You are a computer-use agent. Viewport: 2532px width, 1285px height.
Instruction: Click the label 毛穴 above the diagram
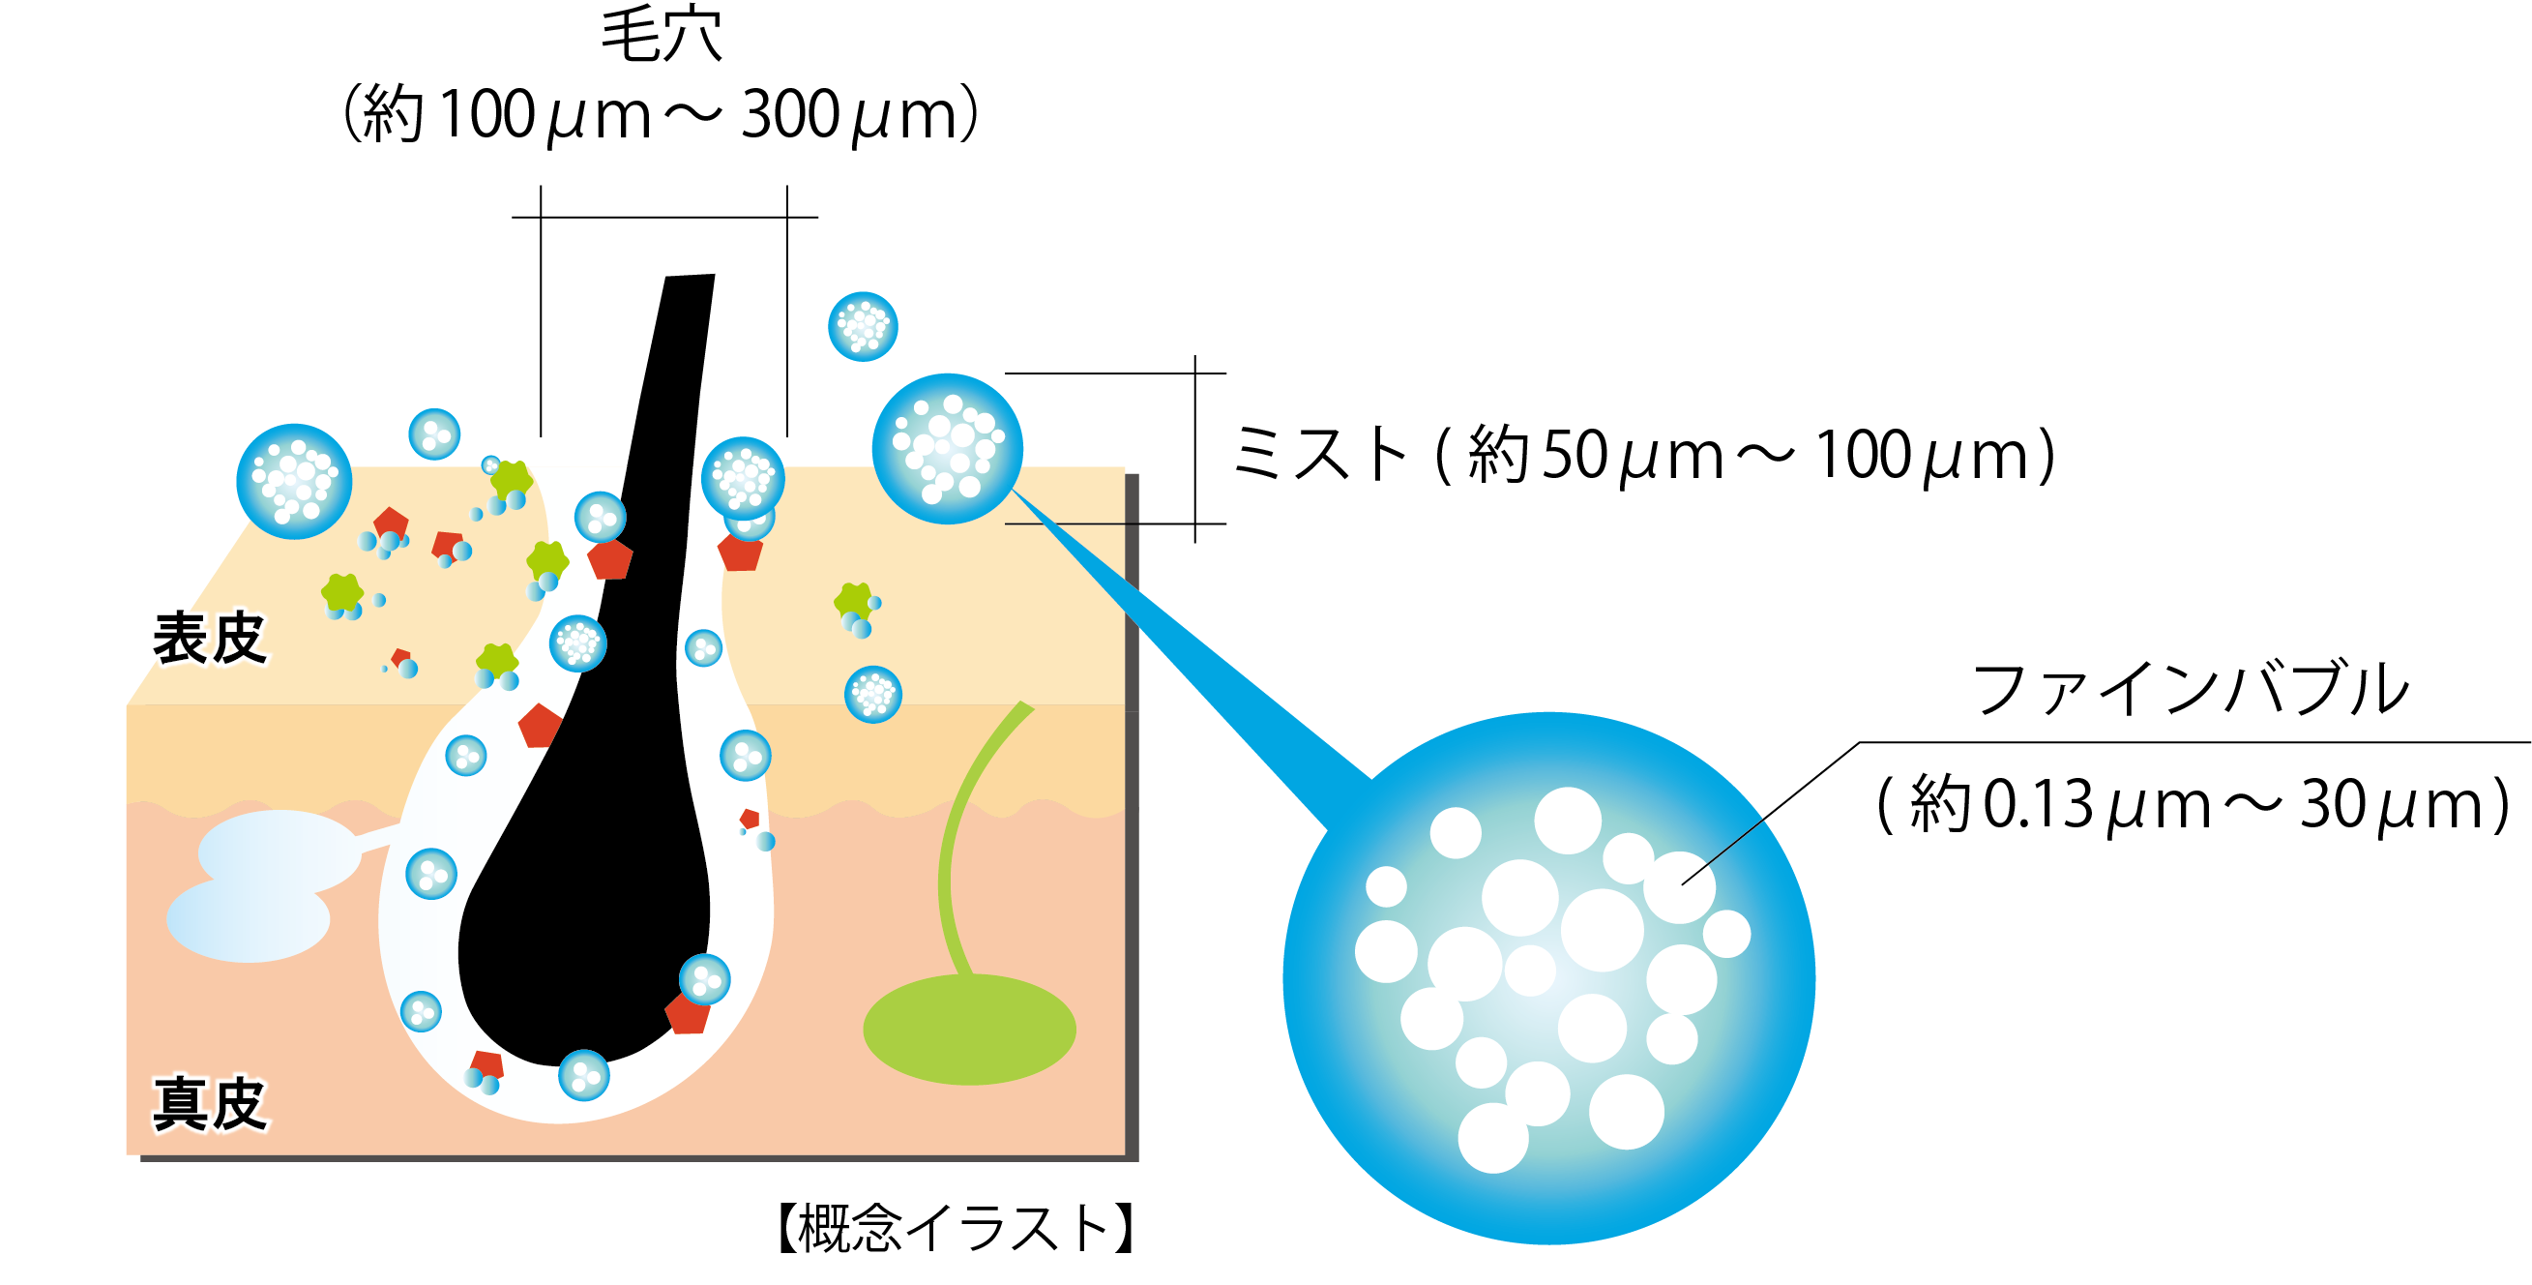[x=661, y=36]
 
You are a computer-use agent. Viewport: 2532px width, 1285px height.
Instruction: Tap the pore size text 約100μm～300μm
[x=661, y=116]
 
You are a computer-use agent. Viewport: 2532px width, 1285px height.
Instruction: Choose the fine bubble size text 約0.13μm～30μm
[x=2192, y=805]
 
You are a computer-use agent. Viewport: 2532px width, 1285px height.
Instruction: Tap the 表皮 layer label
[x=209, y=638]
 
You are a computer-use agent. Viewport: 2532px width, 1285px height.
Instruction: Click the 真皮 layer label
[x=209, y=1103]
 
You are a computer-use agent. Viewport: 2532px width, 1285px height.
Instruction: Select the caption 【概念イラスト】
[x=956, y=1228]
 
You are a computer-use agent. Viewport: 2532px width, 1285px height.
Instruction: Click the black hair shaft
[x=629, y=787]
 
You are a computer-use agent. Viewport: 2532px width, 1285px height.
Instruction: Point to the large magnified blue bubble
[x=1548, y=978]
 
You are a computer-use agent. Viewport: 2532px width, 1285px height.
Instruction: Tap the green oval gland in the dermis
[x=969, y=1030]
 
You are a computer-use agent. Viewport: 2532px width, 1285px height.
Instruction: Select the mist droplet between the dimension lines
[x=948, y=448]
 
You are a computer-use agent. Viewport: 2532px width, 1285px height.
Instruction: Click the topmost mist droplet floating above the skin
[x=862, y=326]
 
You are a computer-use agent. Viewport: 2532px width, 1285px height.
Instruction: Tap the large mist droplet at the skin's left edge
[x=294, y=481]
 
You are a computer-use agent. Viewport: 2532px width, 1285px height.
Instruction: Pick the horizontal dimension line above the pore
[x=664, y=218]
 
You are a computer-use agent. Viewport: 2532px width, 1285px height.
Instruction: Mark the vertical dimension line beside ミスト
[x=1195, y=448]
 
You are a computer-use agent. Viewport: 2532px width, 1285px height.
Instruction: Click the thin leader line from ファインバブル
[x=1769, y=813]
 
